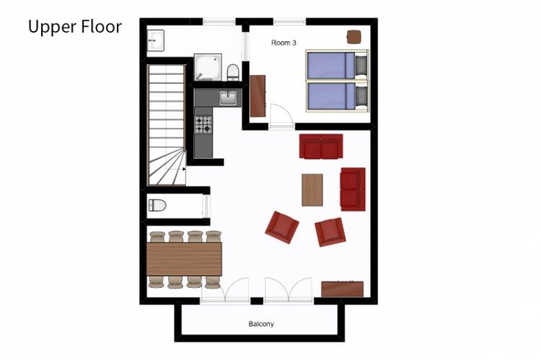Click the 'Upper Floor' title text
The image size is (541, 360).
pyautogui.click(x=75, y=27)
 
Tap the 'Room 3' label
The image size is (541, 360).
pyautogui.click(x=283, y=43)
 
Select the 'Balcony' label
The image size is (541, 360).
pyautogui.click(x=261, y=324)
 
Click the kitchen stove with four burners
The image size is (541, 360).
pyautogui.click(x=203, y=124)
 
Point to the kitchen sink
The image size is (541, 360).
pyautogui.click(x=229, y=97)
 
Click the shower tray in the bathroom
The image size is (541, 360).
pyautogui.click(x=208, y=67)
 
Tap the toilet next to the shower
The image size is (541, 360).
pyautogui.click(x=232, y=72)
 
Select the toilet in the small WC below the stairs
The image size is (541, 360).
pyautogui.click(x=157, y=206)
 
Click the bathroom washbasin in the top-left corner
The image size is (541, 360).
pyautogui.click(x=156, y=40)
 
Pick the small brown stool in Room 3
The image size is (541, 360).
pyautogui.click(x=354, y=37)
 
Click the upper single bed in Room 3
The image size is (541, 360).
pyautogui.click(x=337, y=65)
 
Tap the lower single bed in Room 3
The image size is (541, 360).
pyautogui.click(x=337, y=96)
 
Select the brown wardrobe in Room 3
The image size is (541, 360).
pyautogui.click(x=258, y=96)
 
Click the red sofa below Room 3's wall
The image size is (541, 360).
pyautogui.click(x=321, y=146)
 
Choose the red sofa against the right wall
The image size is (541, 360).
pyautogui.click(x=353, y=189)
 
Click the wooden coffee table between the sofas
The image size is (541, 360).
pyautogui.click(x=312, y=190)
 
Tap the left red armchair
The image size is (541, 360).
pyautogui.click(x=282, y=227)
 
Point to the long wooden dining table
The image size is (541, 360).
pyautogui.click(x=184, y=259)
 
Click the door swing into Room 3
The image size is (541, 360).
pyautogui.click(x=281, y=116)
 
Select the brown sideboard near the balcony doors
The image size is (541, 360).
pyautogui.click(x=342, y=289)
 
